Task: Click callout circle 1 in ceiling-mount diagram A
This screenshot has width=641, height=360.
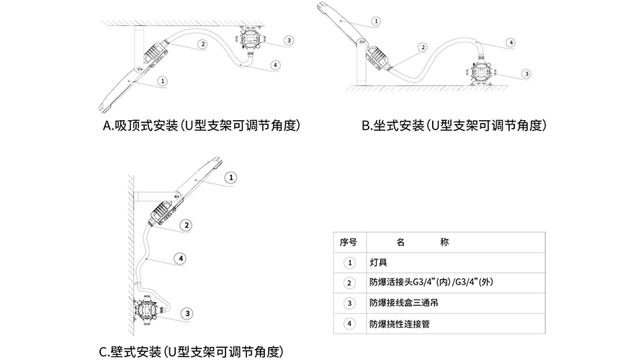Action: [164, 81]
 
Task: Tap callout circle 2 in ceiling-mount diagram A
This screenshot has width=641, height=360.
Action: [204, 44]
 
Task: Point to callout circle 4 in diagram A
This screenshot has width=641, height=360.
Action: [277, 65]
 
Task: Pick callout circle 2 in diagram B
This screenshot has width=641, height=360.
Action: [423, 48]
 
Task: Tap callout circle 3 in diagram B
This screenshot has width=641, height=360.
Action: [526, 73]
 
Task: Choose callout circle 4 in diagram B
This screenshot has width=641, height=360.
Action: [511, 42]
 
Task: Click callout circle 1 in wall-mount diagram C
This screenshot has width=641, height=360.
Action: [230, 177]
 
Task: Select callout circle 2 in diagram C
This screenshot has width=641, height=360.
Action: [187, 225]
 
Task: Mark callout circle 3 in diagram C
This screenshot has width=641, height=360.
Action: [187, 313]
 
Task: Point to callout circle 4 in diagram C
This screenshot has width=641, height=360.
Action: [181, 258]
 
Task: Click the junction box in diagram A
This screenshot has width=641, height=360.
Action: [248, 39]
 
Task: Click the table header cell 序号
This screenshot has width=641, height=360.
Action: [349, 243]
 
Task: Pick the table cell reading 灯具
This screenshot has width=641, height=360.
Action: [378, 263]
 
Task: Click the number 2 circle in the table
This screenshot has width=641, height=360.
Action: [349, 283]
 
